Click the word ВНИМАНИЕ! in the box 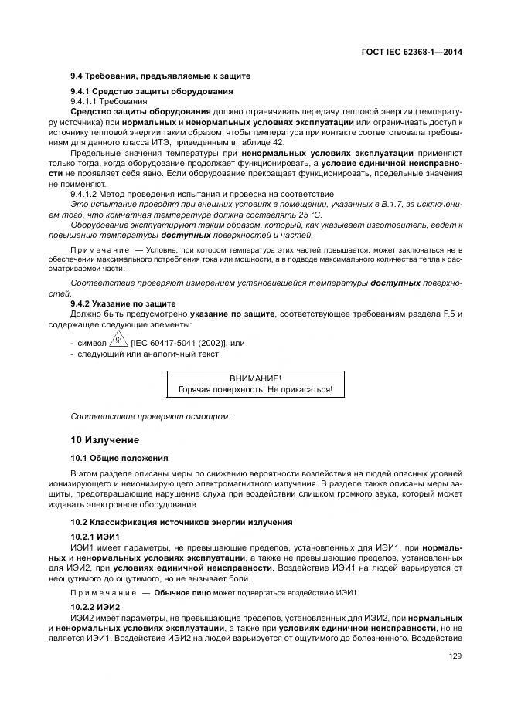point(256,378)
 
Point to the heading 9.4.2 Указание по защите point(123,303)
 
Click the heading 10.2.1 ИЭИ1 point(95,536)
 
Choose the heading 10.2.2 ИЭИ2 point(95,607)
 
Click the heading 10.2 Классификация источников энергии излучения point(170,522)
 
